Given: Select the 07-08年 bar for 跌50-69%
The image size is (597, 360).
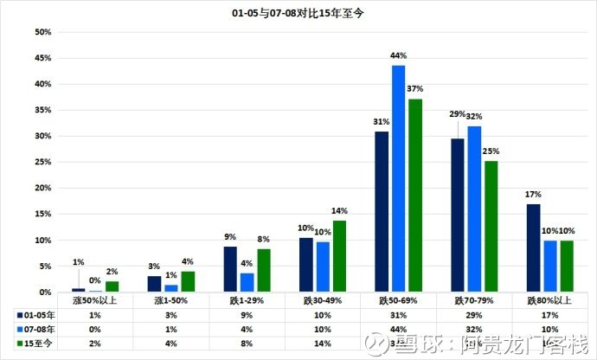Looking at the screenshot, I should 398,178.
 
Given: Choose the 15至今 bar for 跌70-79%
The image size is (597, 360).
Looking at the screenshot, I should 491,227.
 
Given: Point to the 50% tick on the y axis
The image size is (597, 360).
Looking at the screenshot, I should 42,32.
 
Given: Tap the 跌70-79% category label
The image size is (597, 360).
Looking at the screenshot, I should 474,299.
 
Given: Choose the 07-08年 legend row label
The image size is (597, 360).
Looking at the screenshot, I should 35,329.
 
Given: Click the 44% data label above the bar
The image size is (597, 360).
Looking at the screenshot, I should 399,56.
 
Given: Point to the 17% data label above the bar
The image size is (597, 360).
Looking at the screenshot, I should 533,195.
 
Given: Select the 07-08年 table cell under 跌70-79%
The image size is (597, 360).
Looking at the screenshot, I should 474,329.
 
